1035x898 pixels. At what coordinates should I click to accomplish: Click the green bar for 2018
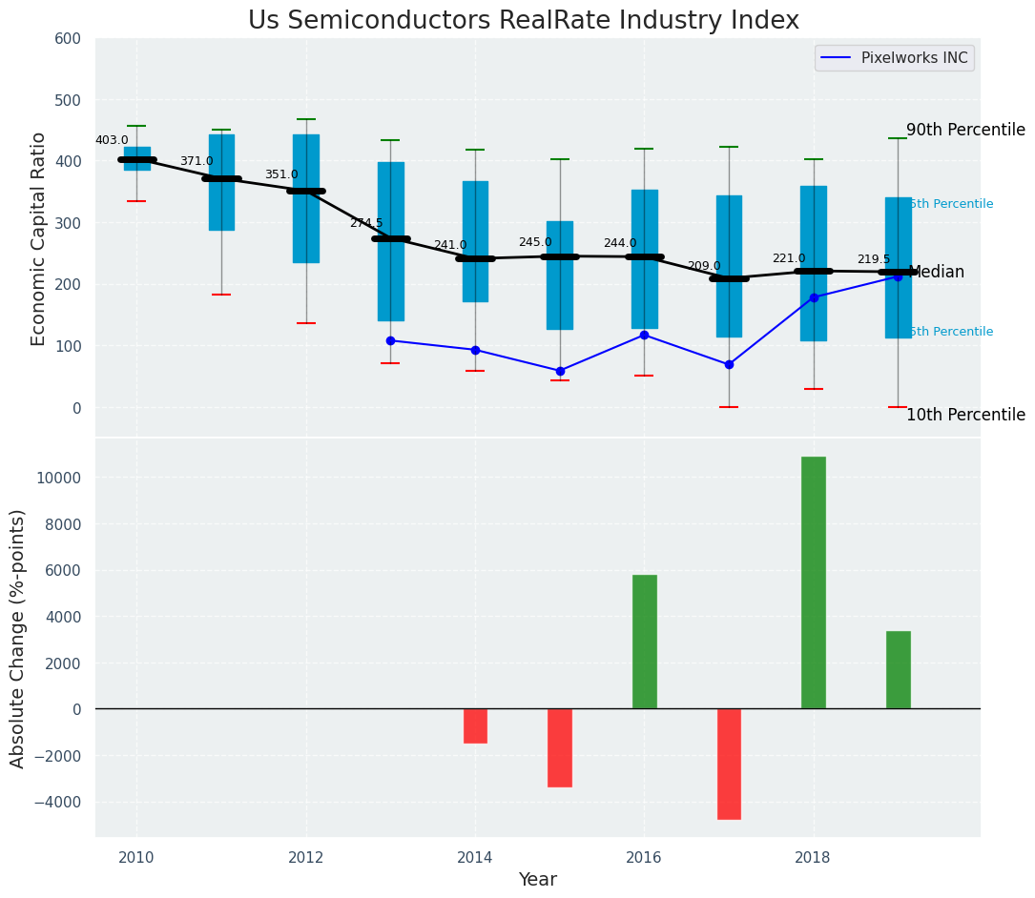(813, 582)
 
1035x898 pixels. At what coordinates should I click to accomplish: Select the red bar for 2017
(729, 764)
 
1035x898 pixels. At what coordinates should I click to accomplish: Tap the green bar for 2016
(644, 642)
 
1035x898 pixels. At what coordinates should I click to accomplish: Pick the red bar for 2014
(475, 725)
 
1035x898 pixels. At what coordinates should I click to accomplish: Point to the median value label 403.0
(112, 140)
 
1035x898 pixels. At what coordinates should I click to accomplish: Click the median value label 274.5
(365, 223)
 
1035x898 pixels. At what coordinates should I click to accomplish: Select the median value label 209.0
(704, 266)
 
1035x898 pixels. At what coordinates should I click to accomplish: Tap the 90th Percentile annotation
(964, 130)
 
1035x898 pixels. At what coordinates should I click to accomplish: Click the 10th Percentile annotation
(964, 415)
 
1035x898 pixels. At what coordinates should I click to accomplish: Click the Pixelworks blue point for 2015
(560, 371)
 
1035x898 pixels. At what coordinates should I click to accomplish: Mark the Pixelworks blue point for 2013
(390, 340)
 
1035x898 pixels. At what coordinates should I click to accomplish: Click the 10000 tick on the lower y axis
(58, 478)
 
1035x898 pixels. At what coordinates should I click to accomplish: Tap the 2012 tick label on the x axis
(305, 857)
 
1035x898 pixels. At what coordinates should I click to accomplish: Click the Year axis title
(537, 880)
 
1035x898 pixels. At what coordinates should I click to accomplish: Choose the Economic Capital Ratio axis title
(39, 238)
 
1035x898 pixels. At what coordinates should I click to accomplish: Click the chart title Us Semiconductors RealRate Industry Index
(524, 20)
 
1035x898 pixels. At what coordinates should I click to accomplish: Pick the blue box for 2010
(136, 158)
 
